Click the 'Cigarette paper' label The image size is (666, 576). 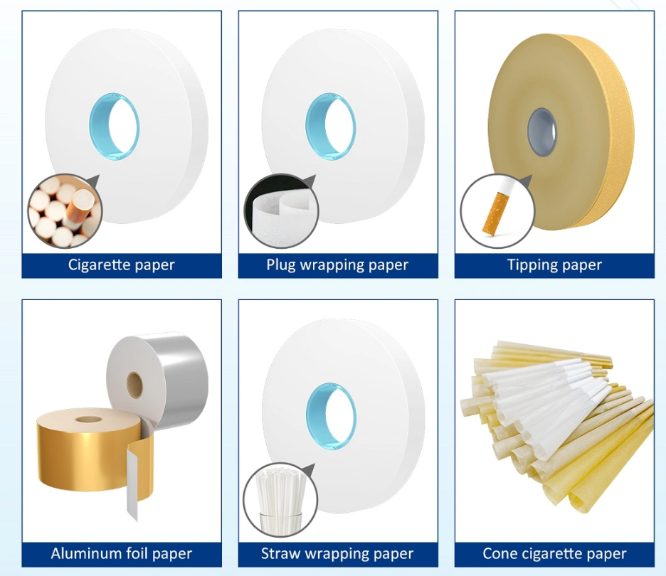[x=122, y=265]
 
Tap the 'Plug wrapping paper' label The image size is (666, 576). [x=337, y=265]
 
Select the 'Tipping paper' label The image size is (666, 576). [x=554, y=265]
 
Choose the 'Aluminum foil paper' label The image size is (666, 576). [x=122, y=553]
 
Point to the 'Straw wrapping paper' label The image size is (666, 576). [x=337, y=553]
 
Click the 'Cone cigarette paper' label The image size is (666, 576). [x=554, y=553]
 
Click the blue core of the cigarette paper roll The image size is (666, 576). [x=114, y=126]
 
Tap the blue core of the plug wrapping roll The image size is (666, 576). [x=330, y=126]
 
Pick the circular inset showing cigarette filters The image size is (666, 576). [x=65, y=211]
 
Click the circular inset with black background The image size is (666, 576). [x=280, y=211]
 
